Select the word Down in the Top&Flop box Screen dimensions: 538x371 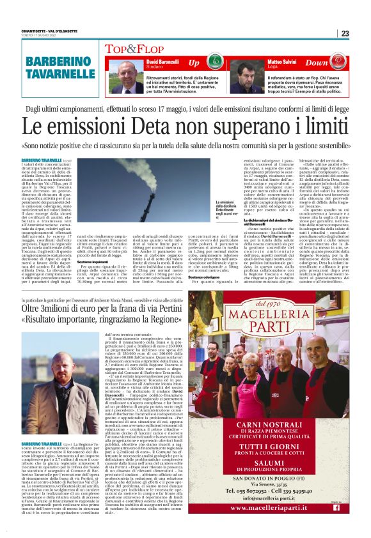pyautogui.click(x=334, y=63)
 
